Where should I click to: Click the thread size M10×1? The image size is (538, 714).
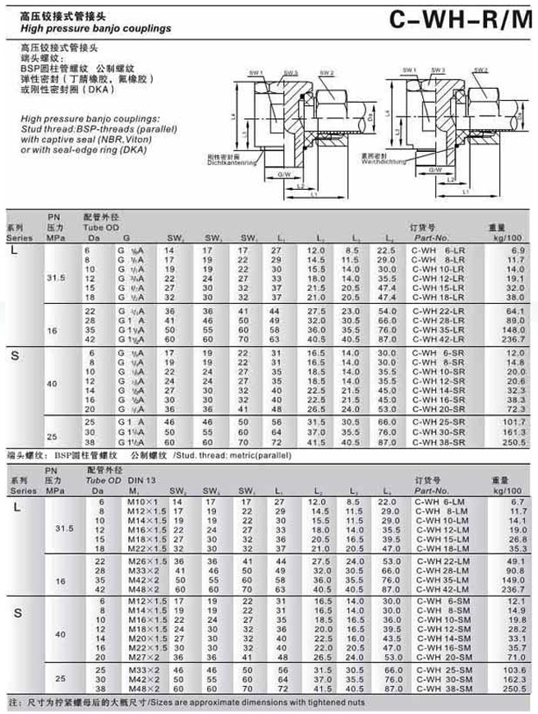tap(135, 501)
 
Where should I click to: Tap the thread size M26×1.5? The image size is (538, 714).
tap(140, 560)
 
